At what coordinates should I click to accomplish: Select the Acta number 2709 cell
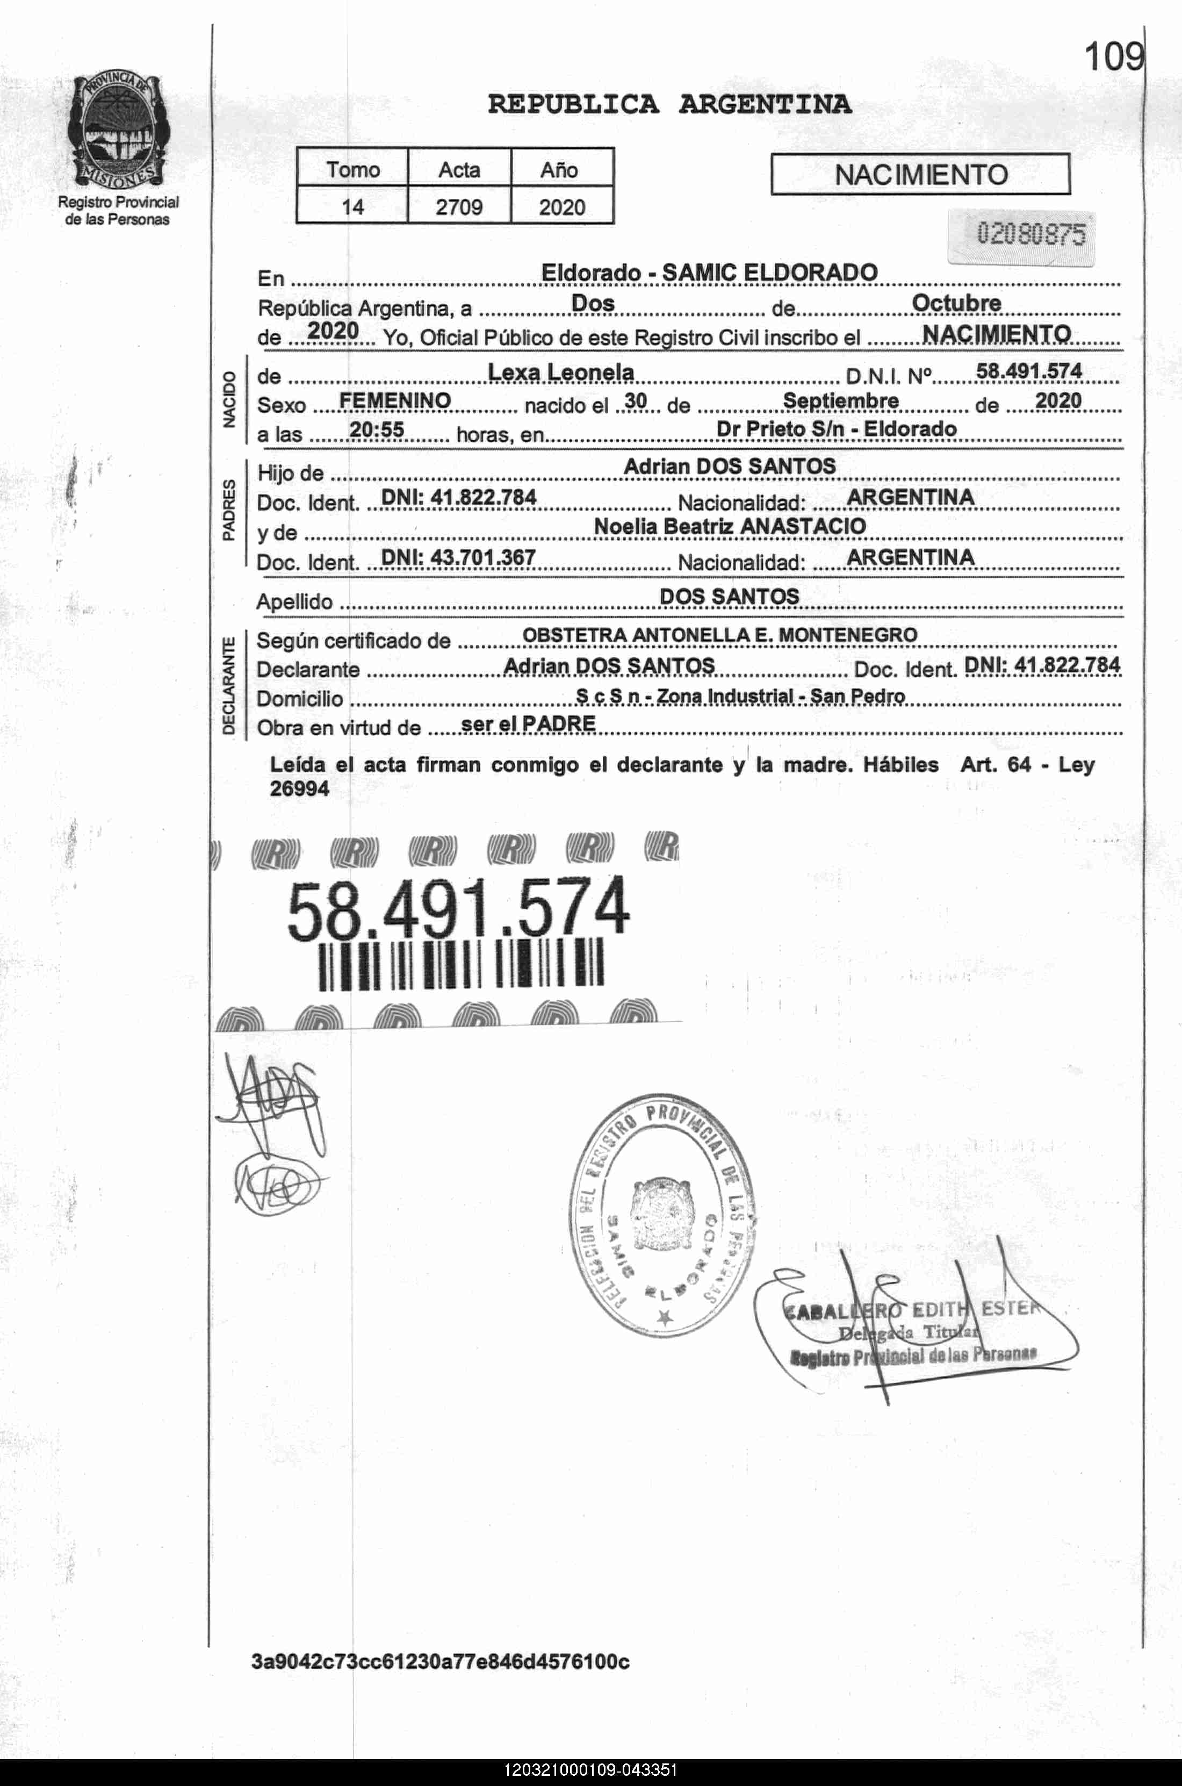[458, 206]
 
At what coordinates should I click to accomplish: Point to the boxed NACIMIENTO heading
[920, 175]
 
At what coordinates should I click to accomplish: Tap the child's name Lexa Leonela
[561, 372]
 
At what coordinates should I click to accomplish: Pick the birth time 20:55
[377, 430]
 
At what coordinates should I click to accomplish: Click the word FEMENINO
[395, 400]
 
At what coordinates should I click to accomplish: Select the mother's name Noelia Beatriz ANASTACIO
[730, 526]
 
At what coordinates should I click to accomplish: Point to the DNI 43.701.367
[458, 557]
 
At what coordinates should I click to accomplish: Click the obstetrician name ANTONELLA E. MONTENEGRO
[774, 635]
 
